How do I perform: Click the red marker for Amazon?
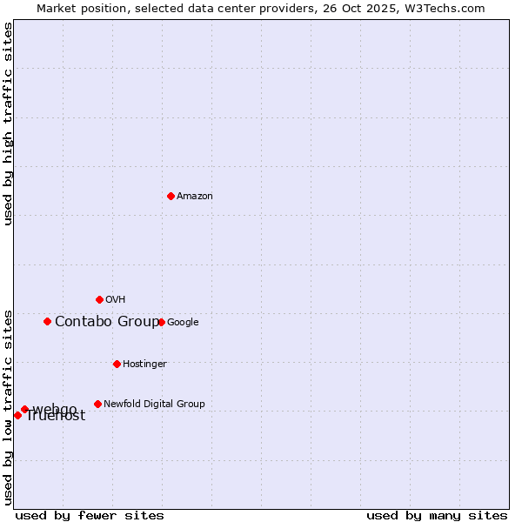point(171,196)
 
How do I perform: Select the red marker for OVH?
point(99,299)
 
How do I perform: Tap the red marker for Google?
point(161,322)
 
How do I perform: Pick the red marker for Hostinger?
point(117,364)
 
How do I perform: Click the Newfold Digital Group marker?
point(97,404)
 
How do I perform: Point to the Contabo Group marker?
point(47,321)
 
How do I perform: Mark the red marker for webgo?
point(24,409)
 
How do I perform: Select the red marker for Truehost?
point(17,415)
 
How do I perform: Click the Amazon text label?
point(195,197)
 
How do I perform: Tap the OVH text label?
point(116,300)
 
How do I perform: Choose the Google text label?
point(183,323)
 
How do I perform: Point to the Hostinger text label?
point(144,365)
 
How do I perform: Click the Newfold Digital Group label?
point(154,405)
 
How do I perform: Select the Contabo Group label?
point(107,322)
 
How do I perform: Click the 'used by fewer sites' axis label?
point(90,515)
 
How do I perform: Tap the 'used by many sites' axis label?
point(437,515)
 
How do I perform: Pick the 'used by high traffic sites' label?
point(8,124)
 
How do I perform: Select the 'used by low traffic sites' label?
point(8,407)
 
